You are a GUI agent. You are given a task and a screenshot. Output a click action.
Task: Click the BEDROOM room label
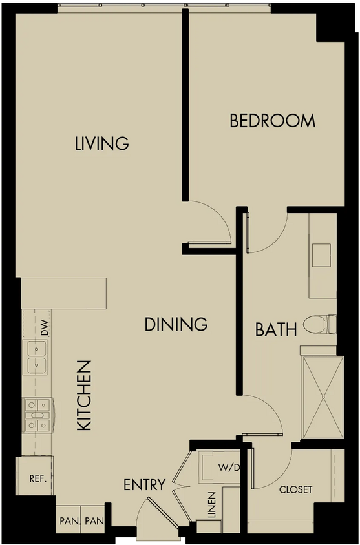pos(273,121)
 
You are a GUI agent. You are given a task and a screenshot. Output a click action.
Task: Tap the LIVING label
pos(102,143)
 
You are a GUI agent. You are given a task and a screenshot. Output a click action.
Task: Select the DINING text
pos(176,324)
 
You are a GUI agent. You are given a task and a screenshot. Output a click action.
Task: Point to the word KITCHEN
pos(84,396)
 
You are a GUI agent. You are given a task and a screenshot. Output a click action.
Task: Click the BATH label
pos(276,329)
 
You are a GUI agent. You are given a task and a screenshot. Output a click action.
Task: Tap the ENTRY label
pos(144,484)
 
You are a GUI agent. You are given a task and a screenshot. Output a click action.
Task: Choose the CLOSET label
pos(295,489)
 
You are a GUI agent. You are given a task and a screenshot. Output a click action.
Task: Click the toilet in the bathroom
pos(320,324)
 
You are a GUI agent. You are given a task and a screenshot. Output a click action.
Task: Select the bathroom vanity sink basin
pos(321,255)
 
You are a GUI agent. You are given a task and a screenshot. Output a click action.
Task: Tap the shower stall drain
pos(323,397)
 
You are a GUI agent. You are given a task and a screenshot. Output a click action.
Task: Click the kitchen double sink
pos(36,357)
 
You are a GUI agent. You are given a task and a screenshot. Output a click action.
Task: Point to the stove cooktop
pos(38,415)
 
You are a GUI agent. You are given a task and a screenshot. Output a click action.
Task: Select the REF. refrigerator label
pos(38,478)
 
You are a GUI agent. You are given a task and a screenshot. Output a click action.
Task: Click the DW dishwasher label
pos(45,327)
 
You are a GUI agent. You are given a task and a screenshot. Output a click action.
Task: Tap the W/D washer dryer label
pos(229,468)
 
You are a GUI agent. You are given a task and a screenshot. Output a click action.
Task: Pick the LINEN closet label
pos(212,505)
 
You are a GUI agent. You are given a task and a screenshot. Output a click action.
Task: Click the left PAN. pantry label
pos(70,521)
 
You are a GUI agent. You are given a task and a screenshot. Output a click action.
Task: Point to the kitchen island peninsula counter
pos(63,293)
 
